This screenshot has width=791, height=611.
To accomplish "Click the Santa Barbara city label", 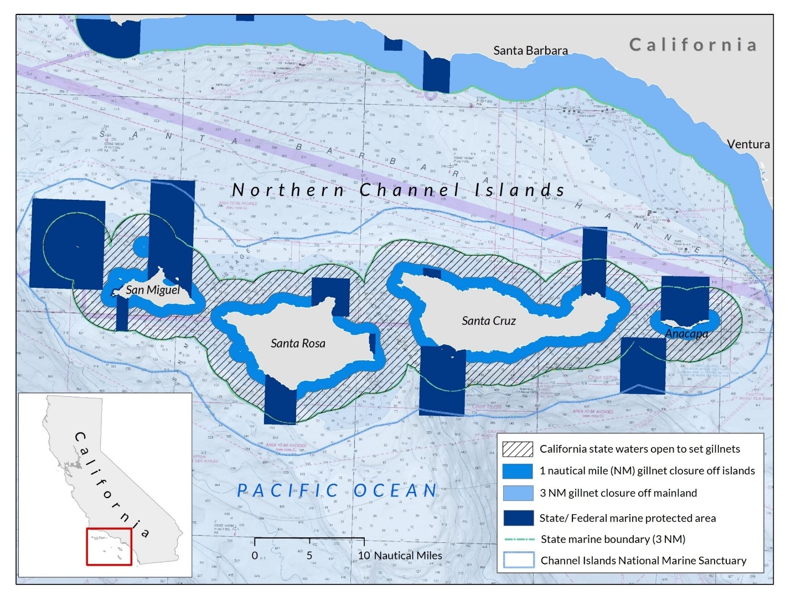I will pos(530,50).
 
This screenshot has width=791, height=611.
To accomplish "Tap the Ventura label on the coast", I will pos(748,144).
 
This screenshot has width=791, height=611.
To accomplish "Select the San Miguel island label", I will pos(153,289).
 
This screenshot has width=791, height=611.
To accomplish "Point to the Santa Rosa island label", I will pos(298,343).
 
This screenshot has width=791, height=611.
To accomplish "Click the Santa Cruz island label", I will pos(489,320).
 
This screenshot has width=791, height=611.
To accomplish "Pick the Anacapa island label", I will pos(686,334).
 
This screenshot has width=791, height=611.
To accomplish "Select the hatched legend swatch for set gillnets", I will pos(518,449).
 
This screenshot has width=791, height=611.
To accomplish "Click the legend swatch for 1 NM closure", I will pos(518,470).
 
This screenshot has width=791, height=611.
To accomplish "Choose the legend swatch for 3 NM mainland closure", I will pos(518,493).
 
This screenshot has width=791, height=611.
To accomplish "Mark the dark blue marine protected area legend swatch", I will pos(518,517).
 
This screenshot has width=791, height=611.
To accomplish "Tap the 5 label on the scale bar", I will pos(309,555).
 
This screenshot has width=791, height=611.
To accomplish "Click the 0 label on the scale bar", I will pos(255,555).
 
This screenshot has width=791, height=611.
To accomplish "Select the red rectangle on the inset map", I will pos(109,547).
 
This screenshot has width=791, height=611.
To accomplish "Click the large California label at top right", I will pos(692,44).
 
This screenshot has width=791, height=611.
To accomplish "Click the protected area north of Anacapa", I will pos(685,299).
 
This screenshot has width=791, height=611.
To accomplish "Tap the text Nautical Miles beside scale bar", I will pos(408,555).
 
